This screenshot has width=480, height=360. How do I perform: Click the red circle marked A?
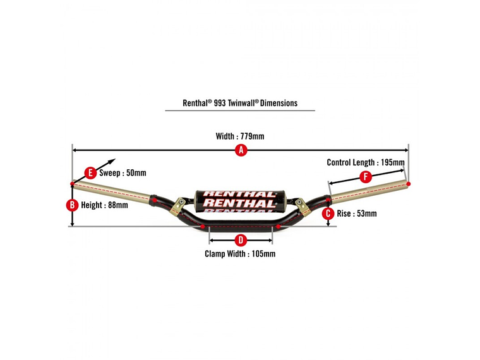pos(240,150)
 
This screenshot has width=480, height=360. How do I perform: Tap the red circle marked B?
pos(73,205)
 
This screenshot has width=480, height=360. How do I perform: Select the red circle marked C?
pos(328,213)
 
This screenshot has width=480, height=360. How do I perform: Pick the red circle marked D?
pos(240,240)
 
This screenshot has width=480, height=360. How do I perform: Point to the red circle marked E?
pos(90,172)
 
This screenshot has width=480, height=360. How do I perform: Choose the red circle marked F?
pos(366,177)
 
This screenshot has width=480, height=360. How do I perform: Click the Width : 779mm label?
pos(240,136)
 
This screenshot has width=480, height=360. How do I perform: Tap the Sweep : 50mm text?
pos(123,173)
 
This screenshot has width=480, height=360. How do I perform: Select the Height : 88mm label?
pos(104,205)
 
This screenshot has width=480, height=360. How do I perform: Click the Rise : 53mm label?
pos(356,213)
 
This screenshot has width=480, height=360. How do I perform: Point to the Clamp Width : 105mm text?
pos(240,254)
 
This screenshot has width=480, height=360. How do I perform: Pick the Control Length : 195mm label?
pos(365,162)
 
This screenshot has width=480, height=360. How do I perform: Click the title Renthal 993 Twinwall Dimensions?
pos(240,103)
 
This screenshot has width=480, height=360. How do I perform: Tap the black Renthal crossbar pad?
pos(240,200)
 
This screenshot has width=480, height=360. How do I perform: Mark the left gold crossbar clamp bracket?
pos(180,205)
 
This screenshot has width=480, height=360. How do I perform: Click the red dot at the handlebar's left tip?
pos(73,184)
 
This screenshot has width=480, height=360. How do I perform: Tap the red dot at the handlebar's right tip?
pos(408,183)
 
